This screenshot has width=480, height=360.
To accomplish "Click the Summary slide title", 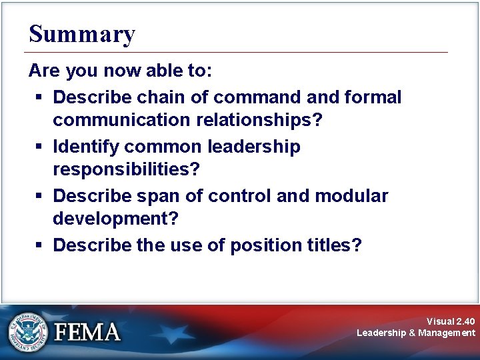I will tap(82, 33).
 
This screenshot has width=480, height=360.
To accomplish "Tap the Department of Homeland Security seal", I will tap(28, 331).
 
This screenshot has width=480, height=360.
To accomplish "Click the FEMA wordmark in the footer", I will tap(87, 332).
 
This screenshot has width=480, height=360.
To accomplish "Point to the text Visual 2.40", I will tap(451, 321).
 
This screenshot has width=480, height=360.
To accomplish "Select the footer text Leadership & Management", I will tap(416, 333).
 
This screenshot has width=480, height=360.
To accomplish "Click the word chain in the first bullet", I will tap(158, 97).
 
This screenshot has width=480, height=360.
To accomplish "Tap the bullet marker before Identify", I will tap(40, 147).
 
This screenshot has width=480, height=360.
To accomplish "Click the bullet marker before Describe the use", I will tap(40, 245).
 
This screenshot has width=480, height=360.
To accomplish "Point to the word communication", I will tap(117, 120).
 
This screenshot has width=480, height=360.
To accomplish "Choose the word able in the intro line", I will tap(153, 71).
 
